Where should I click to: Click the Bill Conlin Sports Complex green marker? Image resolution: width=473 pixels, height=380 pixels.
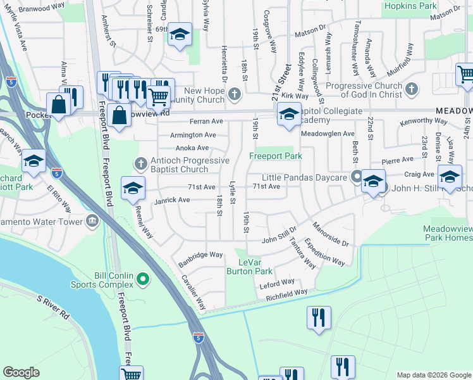tap(144, 278)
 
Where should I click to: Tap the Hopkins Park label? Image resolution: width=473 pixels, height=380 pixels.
tap(409, 6)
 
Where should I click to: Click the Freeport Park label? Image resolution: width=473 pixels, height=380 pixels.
tap(275, 155)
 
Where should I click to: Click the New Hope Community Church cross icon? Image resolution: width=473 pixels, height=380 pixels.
tap(234, 95)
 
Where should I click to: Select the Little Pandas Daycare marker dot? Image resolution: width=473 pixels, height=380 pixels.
tap(357, 177)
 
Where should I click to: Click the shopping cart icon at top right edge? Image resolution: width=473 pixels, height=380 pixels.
tap(465, 74)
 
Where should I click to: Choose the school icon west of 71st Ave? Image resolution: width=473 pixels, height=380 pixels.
tap(133, 188)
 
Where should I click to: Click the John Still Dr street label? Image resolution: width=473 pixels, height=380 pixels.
tap(279, 239)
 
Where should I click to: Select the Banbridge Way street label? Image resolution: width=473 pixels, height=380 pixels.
tap(200, 255)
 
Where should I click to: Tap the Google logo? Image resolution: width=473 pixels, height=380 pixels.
tap(21, 372)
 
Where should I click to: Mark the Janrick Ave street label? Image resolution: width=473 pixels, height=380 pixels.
tap(171, 200)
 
